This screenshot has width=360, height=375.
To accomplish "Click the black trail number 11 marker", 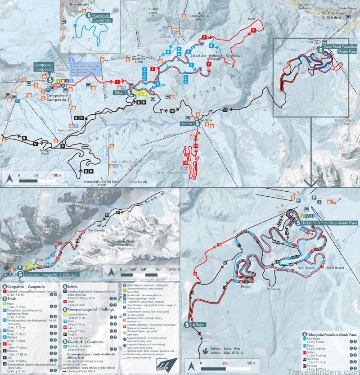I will click(225, 109).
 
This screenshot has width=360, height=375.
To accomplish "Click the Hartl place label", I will click(251, 19).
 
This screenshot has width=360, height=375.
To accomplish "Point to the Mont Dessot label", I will click(335, 268).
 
